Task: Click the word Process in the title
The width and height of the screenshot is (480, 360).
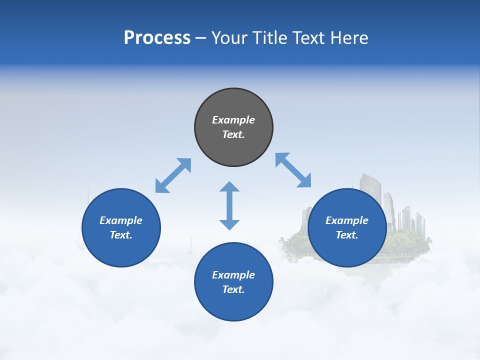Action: tap(157, 38)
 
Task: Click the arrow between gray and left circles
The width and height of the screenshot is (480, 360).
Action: tap(173, 175)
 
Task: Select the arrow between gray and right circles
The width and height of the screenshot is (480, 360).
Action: tap(293, 170)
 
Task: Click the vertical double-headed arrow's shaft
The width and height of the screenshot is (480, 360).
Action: tap(229, 206)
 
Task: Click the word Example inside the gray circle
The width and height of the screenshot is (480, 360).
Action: tap(233, 120)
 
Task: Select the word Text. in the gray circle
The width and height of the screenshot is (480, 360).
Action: tap(233, 134)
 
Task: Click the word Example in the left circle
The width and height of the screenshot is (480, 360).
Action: tap(121, 220)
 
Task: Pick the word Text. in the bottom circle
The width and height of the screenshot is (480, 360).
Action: tap(233, 289)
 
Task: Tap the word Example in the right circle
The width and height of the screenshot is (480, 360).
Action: tap(347, 220)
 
